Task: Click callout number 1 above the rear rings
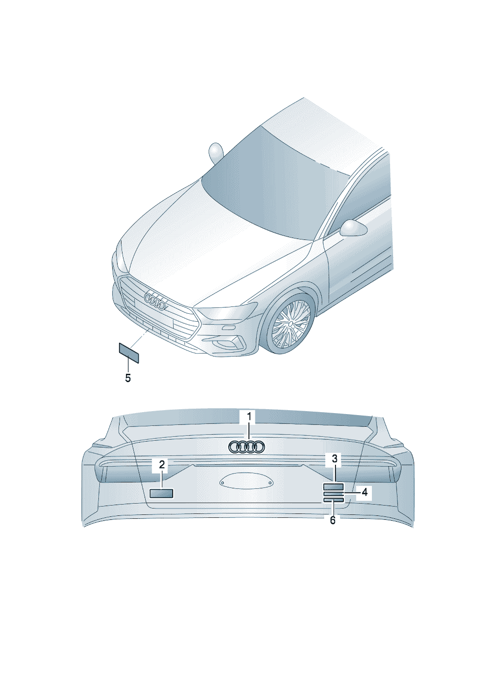coord(249,417)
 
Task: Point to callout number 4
coord(365,492)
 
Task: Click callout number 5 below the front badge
coord(128,378)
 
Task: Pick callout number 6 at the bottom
coord(333,520)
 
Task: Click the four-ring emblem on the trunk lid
coord(246,447)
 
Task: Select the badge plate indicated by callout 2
coord(161,493)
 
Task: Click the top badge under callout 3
coord(333,487)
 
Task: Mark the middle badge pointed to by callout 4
coord(333,493)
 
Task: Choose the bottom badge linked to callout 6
coord(333,500)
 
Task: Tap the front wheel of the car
coord(291,323)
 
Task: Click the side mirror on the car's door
coord(353,228)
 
